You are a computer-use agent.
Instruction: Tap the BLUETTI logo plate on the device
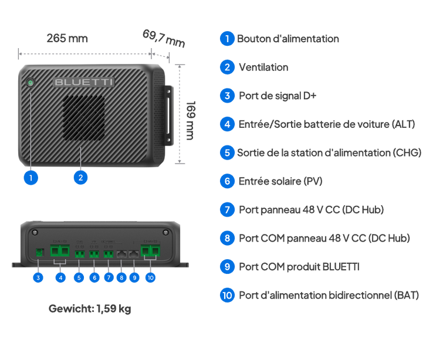pos(84,83)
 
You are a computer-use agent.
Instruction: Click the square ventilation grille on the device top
pos(84,120)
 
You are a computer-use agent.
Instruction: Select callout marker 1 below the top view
pos(31,176)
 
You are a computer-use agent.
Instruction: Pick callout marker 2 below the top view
pos(81,176)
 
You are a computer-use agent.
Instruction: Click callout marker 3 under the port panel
pos(39,277)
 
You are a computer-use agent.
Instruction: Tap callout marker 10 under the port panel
pos(150,277)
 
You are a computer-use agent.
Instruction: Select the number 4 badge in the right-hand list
pos(227,124)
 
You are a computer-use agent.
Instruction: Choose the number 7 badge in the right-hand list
pos(227,209)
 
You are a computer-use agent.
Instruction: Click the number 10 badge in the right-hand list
pos(227,295)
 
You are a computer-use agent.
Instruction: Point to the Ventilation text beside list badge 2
pos(263,67)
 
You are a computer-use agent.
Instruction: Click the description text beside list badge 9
pos(299,267)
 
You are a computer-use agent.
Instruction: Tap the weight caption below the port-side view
pos(89,308)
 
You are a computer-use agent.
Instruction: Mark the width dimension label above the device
pos(67,39)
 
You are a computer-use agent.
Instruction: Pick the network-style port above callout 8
pos(121,253)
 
